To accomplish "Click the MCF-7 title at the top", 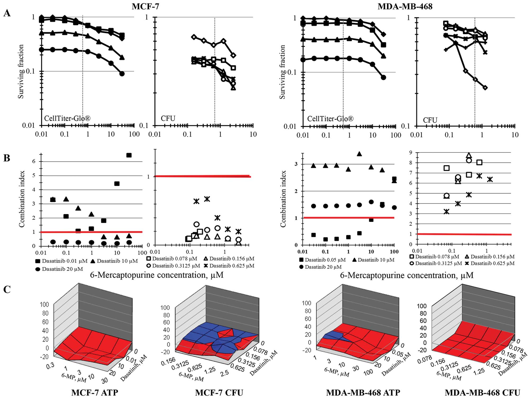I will click(x=145, y=6).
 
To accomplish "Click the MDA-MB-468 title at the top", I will click(x=405, y=6).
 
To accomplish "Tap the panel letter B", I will click(x=7, y=158).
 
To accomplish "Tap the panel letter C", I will click(x=7, y=290).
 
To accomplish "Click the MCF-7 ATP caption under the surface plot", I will click(x=94, y=393).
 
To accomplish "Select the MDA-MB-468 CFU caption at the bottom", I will click(x=482, y=393).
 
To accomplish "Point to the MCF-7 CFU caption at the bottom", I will click(x=219, y=393).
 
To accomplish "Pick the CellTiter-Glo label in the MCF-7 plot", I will click(x=67, y=118).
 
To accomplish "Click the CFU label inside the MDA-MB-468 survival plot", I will click(x=430, y=120).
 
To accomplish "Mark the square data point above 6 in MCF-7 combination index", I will click(x=129, y=155).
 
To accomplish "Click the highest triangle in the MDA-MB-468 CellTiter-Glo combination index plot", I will click(x=359, y=154).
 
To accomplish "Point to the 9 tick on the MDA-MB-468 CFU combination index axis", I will click(x=410, y=152).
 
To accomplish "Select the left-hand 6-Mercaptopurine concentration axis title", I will click(x=157, y=275).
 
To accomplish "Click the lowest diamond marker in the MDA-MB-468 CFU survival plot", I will click(x=485, y=88).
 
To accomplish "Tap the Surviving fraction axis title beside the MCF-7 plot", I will click(x=21, y=71).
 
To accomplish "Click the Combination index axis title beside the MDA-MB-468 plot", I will click(x=283, y=199).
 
